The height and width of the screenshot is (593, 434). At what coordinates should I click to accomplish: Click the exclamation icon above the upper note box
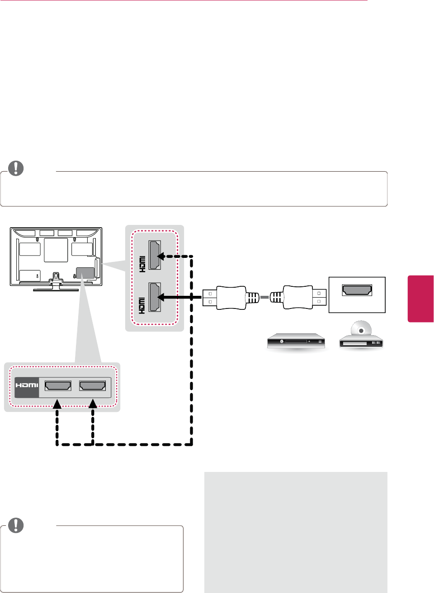16,168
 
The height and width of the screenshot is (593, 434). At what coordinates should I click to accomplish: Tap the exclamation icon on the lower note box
16,525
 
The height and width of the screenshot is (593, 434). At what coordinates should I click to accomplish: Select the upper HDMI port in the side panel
155,256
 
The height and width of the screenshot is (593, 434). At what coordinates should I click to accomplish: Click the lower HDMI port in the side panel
155,297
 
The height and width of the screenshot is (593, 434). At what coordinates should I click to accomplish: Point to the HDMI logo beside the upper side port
142,264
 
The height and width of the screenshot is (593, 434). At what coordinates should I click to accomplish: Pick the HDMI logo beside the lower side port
142,305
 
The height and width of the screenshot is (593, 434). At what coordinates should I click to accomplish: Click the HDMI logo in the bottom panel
27,385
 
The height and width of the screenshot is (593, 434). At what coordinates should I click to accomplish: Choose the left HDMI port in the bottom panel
58,386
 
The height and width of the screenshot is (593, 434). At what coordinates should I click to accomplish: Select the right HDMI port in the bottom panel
93,386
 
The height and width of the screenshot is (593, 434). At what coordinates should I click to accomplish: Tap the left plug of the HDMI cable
225,298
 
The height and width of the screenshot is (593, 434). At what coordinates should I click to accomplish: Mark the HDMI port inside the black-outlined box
357,290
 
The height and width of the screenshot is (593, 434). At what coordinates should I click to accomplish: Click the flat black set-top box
296,341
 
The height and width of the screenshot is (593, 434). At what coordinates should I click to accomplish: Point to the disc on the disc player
360,330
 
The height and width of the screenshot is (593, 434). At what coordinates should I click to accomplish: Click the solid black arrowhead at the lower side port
160,297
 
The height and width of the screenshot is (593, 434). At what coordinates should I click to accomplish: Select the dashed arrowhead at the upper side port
161,256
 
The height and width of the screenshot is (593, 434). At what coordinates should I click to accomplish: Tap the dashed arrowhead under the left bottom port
57,404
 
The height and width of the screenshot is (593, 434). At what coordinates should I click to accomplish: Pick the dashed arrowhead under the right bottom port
93,404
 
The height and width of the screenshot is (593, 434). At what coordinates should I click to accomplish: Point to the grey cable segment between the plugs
264,298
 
